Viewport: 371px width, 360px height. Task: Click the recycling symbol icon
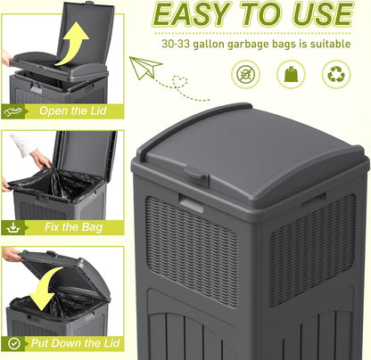(336, 73)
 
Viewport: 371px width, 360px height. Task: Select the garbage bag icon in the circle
(292, 73)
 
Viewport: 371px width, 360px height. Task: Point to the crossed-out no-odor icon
(247, 73)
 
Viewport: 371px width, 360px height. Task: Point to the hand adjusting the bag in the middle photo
(39, 158)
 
